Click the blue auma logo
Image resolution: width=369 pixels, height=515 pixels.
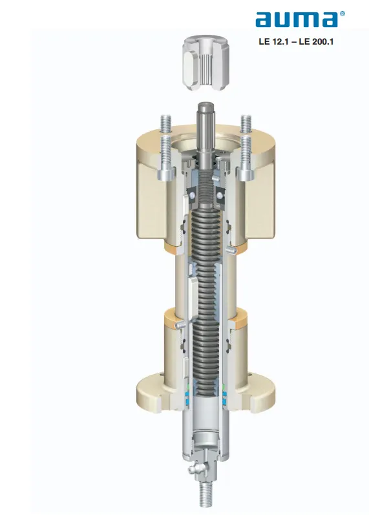point(297,19)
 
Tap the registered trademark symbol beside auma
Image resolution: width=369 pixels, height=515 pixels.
point(342,14)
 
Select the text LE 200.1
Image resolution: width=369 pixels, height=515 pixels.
point(316,42)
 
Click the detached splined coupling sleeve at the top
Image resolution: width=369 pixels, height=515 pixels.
point(206,63)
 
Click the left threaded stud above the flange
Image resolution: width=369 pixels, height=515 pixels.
point(166,124)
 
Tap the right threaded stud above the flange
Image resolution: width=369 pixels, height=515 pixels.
point(246,124)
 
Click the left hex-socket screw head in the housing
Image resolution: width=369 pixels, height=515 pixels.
point(165,173)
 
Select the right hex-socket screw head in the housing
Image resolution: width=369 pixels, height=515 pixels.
point(246,173)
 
